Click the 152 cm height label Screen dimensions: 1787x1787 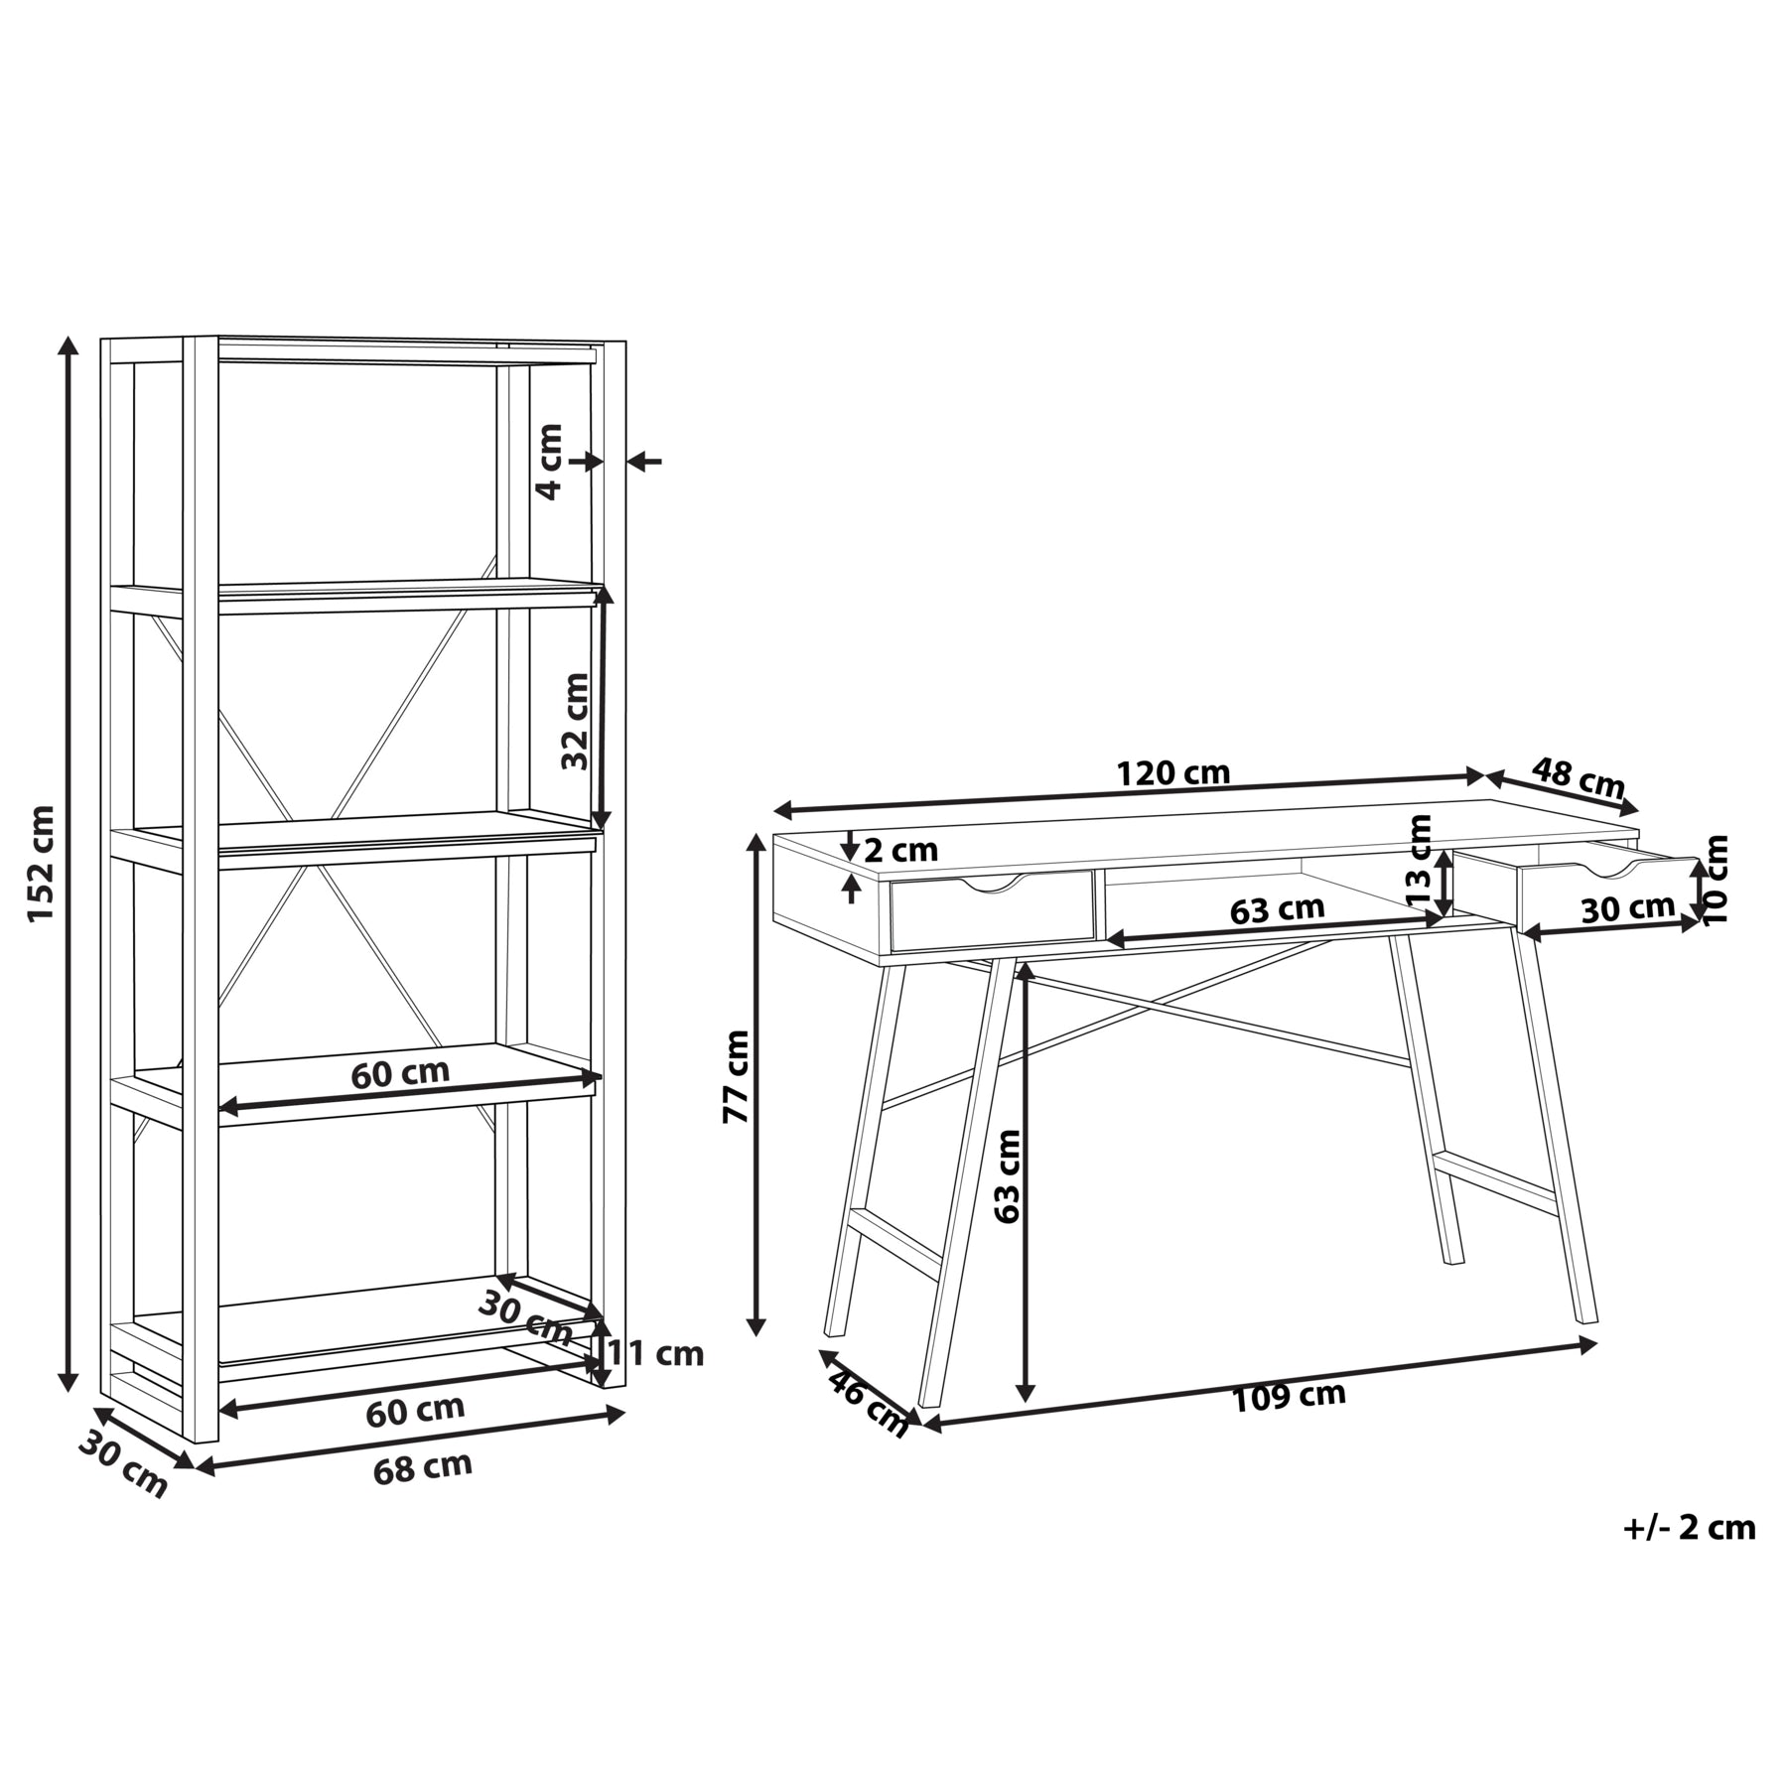pyautogui.click(x=41, y=864)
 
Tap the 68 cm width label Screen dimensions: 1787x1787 pyautogui.click(x=423, y=1467)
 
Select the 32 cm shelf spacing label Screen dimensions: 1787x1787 pyautogui.click(x=575, y=721)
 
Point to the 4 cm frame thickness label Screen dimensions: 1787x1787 pyautogui.click(x=549, y=461)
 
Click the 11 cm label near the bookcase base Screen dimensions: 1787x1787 pyautogui.click(x=655, y=1353)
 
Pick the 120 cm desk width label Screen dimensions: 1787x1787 pyautogui.click(x=1173, y=772)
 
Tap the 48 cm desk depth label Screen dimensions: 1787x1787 pyautogui.click(x=1578, y=778)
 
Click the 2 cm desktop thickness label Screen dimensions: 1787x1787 pyautogui.click(x=900, y=851)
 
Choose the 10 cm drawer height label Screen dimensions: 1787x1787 pyautogui.click(x=1715, y=880)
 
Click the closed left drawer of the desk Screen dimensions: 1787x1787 pyautogui.click(x=992, y=910)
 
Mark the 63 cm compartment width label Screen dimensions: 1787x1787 pyautogui.click(x=1277, y=909)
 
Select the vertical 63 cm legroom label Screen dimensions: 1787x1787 pyautogui.click(x=1007, y=1175)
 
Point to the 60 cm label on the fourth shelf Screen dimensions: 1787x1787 pyautogui.click(x=400, y=1073)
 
